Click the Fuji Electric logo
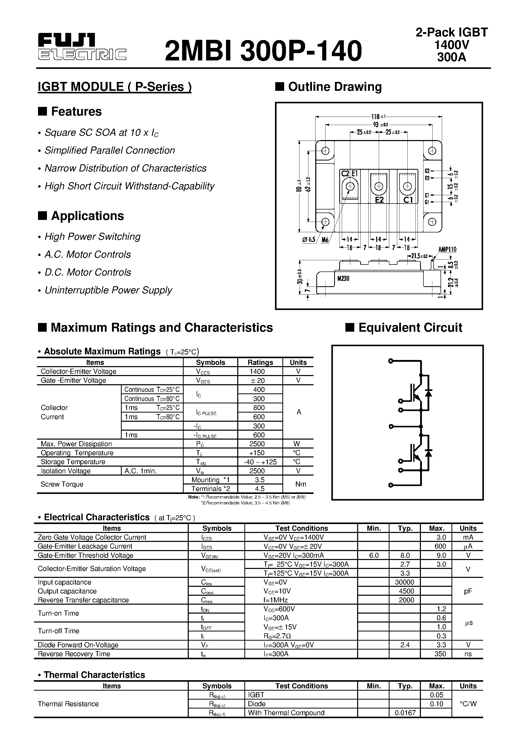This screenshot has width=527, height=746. pyautogui.click(x=82, y=47)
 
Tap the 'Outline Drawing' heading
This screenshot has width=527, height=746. pyautogui.click(x=335, y=87)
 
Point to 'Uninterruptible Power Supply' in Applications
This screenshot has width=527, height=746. pyautogui.click(x=108, y=290)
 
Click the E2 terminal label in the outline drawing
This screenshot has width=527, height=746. pyautogui.click(x=379, y=200)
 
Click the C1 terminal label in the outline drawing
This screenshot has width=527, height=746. pyautogui.click(x=408, y=200)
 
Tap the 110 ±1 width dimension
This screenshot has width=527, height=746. pyautogui.click(x=379, y=116)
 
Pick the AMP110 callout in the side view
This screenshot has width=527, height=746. pyautogui.click(x=447, y=249)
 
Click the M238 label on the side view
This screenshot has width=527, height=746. pyautogui.click(x=343, y=278)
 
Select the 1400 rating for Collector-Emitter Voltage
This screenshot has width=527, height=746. pyautogui.click(x=257, y=371)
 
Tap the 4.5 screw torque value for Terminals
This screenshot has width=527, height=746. pyautogui.click(x=260, y=489)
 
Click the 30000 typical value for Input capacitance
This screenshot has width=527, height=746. pyautogui.click(x=405, y=582)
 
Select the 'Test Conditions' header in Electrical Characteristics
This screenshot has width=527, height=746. pyautogui.click(x=302, y=528)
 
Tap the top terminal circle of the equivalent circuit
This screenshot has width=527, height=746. pyautogui.click(x=391, y=361)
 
